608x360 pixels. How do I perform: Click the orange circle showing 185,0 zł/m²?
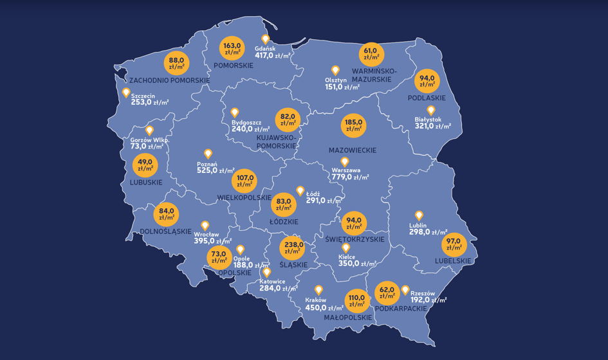(x=353, y=125)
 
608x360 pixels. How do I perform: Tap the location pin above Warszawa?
(x=344, y=162)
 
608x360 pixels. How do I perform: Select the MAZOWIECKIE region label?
(x=352, y=150)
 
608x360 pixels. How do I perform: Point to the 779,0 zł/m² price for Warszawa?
(x=350, y=177)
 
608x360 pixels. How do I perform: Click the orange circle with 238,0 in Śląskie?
(x=294, y=248)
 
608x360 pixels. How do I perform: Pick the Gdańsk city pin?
(x=265, y=40)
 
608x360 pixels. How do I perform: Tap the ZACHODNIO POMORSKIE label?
(x=170, y=80)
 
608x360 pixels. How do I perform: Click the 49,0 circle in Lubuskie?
(x=145, y=165)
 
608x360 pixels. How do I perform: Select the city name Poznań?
(x=207, y=164)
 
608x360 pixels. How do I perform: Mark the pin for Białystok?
(x=430, y=111)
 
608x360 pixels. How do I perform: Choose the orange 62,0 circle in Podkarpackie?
(x=387, y=292)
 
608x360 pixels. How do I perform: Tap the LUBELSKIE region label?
(x=453, y=261)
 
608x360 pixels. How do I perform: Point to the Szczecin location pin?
(x=126, y=93)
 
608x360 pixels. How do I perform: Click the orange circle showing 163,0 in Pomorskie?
(x=232, y=49)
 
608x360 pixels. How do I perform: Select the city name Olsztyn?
(x=336, y=80)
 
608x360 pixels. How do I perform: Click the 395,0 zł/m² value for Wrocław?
(x=214, y=241)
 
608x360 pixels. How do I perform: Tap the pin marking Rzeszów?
(x=405, y=290)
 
